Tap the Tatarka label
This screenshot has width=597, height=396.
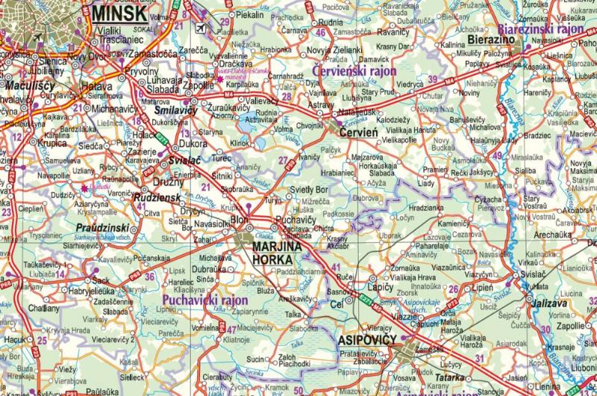450,378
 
